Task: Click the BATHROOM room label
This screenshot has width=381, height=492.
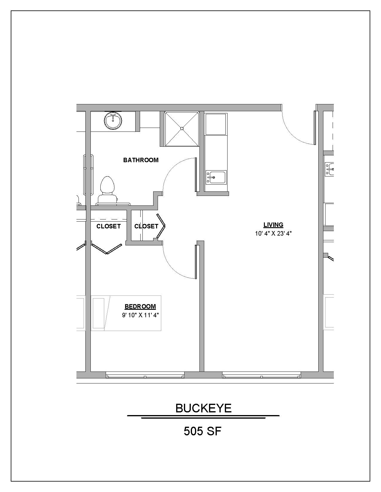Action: coord(141,160)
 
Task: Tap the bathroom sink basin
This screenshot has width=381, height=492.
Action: coord(113,121)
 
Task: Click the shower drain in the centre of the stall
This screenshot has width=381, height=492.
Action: coord(182,129)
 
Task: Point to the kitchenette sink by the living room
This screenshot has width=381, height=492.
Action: coord(216,177)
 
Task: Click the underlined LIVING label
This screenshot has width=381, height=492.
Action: coord(273,225)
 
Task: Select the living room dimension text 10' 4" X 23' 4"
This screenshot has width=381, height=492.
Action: coord(273,233)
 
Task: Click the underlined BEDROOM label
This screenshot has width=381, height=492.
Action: coord(140,307)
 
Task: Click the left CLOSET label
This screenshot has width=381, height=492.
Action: coord(108,226)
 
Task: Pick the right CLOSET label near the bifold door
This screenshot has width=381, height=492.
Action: coord(146,226)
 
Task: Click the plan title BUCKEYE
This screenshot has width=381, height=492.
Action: coord(203,408)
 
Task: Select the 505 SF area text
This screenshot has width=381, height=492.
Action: coord(203,431)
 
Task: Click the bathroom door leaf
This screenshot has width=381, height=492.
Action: coord(196,175)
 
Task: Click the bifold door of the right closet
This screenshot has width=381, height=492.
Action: coord(161,226)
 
